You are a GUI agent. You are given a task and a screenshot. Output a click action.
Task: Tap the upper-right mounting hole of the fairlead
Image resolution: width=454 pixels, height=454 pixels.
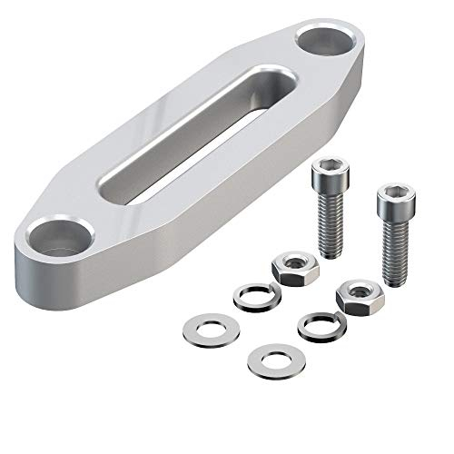(x=323, y=40)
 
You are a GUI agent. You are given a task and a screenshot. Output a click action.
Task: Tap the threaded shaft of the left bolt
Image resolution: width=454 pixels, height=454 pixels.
(x=331, y=222)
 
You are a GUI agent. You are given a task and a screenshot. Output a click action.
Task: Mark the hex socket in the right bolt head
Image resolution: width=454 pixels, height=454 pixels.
(x=393, y=192)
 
